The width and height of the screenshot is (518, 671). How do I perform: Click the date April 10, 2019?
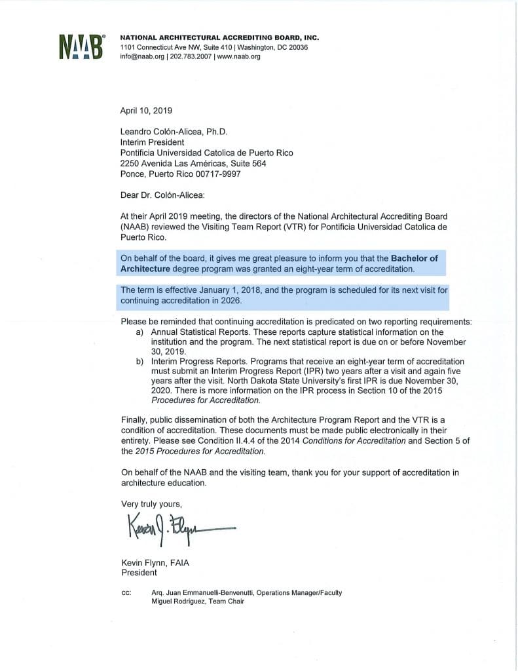point(146,111)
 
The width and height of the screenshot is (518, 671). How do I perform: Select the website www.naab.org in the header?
point(238,57)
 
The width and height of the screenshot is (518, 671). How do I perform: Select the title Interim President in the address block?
point(153,142)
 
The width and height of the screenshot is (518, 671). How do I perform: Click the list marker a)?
point(139,333)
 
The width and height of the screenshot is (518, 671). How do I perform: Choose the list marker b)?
point(139,362)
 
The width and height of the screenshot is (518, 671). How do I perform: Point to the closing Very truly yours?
point(152,504)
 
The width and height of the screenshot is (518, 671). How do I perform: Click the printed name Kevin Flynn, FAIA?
point(155,563)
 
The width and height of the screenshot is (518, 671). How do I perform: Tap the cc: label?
point(127,593)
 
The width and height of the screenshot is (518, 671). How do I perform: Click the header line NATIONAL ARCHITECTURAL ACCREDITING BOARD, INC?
point(219,38)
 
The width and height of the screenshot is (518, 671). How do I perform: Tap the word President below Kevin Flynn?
point(139,573)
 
